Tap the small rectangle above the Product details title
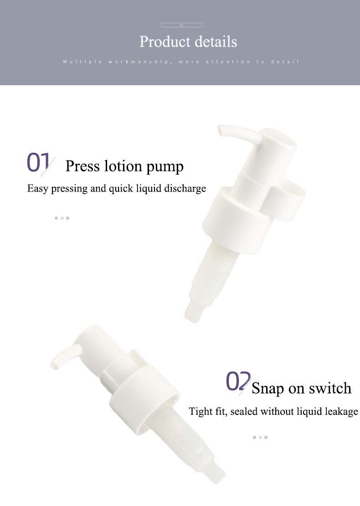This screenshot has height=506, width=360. [x=182, y=25]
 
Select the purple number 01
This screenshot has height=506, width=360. [x=38, y=162]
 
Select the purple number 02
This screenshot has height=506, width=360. [x=238, y=381]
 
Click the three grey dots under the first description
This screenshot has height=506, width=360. [x=62, y=218]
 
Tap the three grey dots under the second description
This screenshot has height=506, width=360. [x=260, y=437]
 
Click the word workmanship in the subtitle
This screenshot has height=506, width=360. [x=139, y=62]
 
